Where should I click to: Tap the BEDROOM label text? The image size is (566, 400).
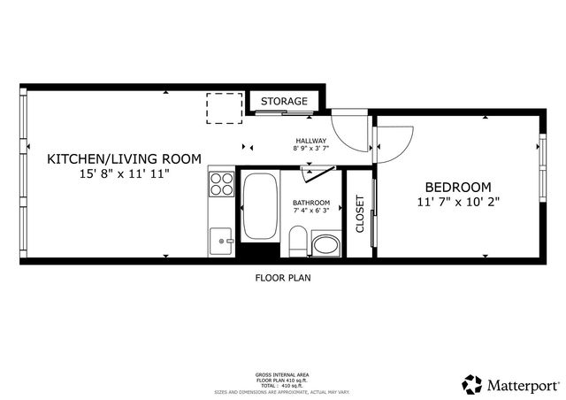458,187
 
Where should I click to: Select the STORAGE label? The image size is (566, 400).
284,101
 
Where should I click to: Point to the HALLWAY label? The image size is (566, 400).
310,141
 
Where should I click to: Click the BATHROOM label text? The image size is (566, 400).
311,203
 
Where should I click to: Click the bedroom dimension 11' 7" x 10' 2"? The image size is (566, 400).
458,202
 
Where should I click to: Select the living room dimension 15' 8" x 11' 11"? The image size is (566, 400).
124,174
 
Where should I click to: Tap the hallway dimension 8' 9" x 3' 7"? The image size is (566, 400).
310,149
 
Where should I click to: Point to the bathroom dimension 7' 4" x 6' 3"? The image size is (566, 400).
311,211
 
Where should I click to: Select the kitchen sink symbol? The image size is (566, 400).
221,238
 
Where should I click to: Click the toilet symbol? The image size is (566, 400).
298,242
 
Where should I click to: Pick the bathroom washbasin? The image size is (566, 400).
326,244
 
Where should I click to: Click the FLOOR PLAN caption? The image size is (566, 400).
283,277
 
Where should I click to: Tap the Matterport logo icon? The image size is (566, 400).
472,384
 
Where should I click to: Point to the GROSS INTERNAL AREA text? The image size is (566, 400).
283,374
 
